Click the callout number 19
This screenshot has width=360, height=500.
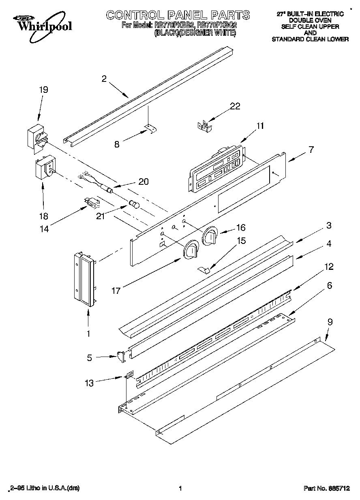click(x=43, y=90)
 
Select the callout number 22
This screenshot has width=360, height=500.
click(x=235, y=107)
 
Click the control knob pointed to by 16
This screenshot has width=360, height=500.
click(x=210, y=236)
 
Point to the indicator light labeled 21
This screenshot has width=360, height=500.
click(x=133, y=204)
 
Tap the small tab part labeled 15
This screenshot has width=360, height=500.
click(x=205, y=268)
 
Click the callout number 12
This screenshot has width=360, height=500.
click(x=329, y=267)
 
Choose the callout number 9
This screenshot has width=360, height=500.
click(x=330, y=322)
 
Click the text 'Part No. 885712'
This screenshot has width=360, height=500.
click(x=326, y=489)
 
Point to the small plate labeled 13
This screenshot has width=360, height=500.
click(x=129, y=376)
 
